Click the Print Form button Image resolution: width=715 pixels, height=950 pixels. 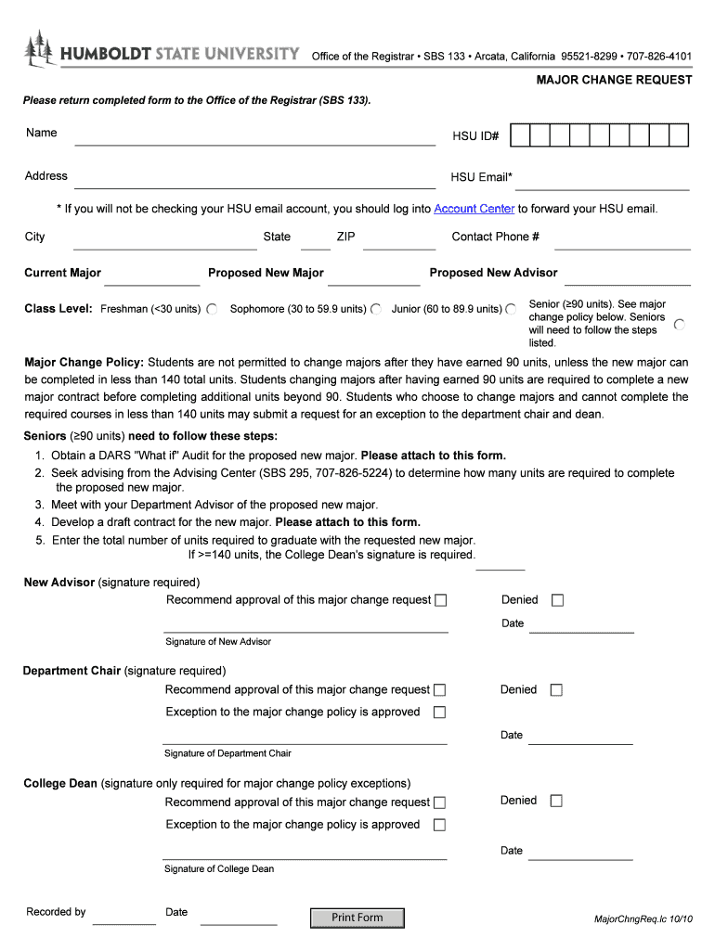click(x=357, y=918)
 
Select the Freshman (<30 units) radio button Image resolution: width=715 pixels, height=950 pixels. click(x=212, y=309)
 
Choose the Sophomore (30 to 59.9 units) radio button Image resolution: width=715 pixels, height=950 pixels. click(x=376, y=309)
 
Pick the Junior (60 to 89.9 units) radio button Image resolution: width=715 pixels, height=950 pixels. click(x=510, y=309)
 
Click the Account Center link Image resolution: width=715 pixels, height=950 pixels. click(x=474, y=209)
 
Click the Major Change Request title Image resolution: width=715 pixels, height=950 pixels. click(x=614, y=80)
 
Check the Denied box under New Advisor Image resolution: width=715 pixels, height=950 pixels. click(x=557, y=600)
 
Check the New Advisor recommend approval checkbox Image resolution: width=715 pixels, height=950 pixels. click(x=441, y=600)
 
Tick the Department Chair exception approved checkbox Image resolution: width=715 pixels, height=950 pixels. click(x=440, y=712)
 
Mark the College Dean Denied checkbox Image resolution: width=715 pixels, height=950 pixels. click(x=556, y=801)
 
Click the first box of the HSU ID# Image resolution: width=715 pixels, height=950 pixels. click(x=520, y=136)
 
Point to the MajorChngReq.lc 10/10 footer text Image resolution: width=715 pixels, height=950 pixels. click(x=643, y=918)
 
